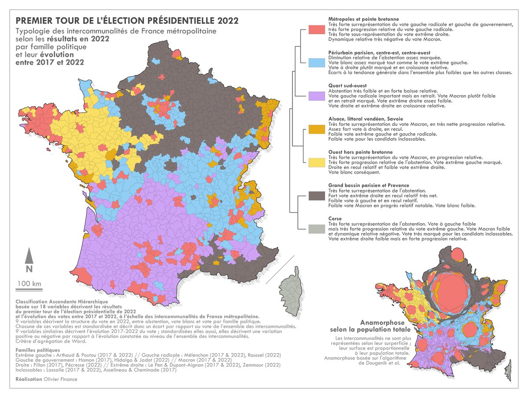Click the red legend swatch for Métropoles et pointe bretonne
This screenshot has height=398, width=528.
(317, 29)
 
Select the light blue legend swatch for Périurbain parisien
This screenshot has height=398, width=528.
(317, 63)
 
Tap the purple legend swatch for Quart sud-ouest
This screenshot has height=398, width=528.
(317, 96)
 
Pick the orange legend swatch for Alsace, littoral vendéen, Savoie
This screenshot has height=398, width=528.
(317, 129)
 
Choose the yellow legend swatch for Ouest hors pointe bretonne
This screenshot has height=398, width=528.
(317, 162)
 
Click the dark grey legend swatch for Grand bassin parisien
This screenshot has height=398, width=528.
(317, 196)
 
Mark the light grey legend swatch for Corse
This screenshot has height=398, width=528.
(317, 229)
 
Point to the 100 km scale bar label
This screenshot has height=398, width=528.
(29, 283)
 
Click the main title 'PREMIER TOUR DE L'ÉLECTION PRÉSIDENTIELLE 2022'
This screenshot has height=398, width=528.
(127, 21)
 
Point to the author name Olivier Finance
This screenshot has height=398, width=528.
(61, 379)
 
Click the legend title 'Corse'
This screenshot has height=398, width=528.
(336, 218)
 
